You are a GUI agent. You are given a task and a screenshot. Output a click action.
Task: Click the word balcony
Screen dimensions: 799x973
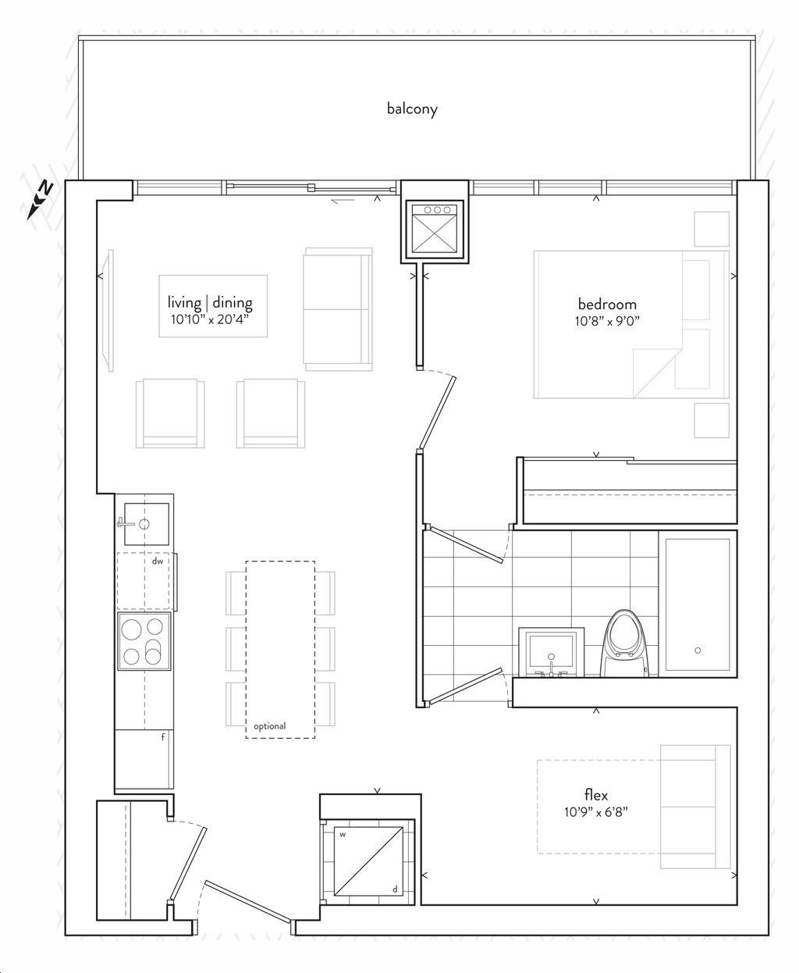pyautogui.click(x=412, y=109)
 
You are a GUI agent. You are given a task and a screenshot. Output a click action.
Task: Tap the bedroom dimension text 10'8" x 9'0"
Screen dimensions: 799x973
pyautogui.click(x=607, y=321)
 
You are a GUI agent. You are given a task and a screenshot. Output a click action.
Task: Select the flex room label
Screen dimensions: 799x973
pyautogui.click(x=595, y=794)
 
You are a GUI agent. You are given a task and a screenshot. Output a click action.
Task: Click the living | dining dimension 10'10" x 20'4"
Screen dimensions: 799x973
pyautogui.click(x=210, y=319)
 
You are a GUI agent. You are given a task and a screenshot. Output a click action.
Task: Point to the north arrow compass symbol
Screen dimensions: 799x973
pyautogui.click(x=40, y=200)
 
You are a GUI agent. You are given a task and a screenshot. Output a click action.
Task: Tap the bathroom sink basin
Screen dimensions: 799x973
pyautogui.click(x=552, y=652)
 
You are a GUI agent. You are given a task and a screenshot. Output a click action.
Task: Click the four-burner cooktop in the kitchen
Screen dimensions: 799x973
pyautogui.click(x=144, y=641)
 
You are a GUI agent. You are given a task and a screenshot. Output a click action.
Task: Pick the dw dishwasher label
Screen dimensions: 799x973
pyautogui.click(x=158, y=561)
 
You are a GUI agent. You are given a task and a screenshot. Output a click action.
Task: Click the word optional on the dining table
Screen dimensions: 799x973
pyautogui.click(x=270, y=726)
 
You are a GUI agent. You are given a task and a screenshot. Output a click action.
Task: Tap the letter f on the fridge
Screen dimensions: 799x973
pyautogui.click(x=163, y=737)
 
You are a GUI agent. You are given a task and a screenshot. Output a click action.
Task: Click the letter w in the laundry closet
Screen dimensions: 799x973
pyautogui.click(x=343, y=847)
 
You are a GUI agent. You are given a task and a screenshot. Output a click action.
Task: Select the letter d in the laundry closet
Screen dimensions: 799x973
pyautogui.click(x=395, y=902)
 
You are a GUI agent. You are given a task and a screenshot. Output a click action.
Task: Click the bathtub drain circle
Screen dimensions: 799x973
pyautogui.click(x=698, y=650)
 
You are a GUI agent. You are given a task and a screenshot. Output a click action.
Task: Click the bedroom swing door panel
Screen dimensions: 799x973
pyautogui.click(x=437, y=413)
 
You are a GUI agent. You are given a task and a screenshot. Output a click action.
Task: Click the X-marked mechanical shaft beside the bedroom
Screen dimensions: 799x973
pyautogui.click(x=434, y=228)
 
